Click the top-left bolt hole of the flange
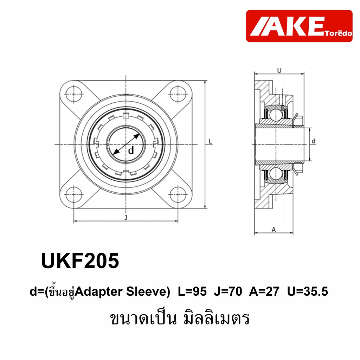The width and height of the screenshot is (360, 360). (x=74, y=94)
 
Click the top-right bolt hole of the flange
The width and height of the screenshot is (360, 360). (x=178, y=94)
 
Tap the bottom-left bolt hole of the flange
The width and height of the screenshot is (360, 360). (x=74, y=195)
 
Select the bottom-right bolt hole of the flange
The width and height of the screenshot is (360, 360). (x=178, y=195)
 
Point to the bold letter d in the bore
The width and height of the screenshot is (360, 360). (x=131, y=150)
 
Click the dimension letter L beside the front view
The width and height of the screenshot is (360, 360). (x=210, y=141)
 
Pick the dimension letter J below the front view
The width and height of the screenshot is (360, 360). (x=126, y=217)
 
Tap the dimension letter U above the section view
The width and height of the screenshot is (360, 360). (x=279, y=70)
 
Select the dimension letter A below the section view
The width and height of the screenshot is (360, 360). (x=274, y=229)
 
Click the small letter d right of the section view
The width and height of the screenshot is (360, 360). (x=314, y=141)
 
